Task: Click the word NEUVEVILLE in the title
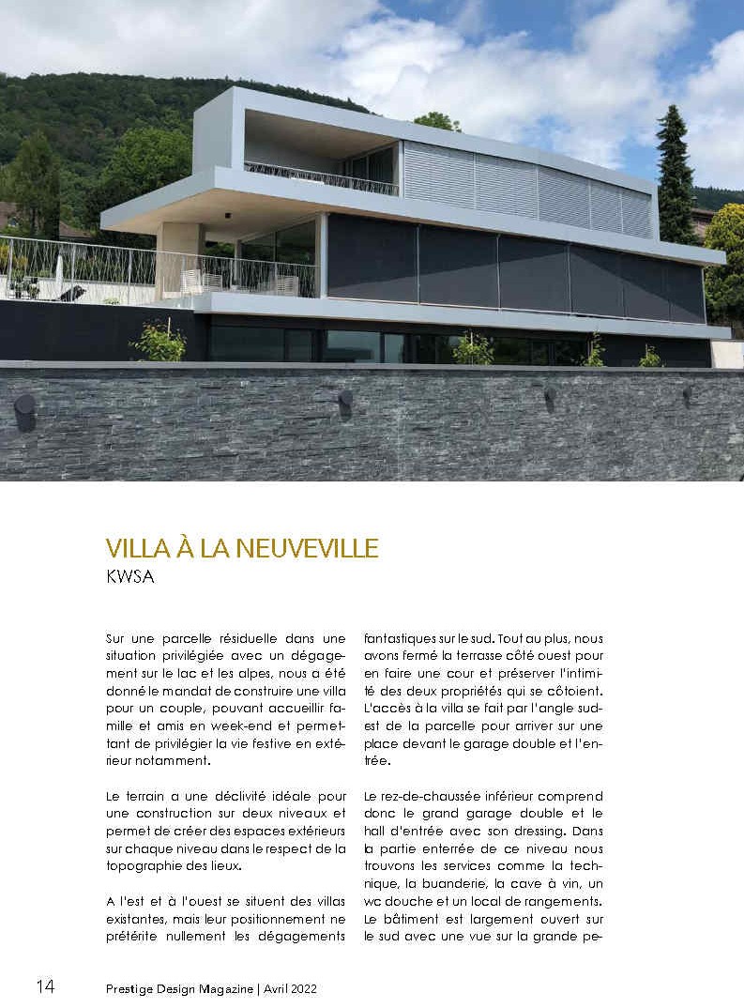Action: tap(309, 548)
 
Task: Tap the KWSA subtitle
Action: tap(130, 577)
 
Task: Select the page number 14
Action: tap(46, 986)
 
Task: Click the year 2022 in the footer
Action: tap(301, 987)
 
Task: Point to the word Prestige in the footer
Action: tap(131, 987)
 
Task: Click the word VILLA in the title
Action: tap(140, 548)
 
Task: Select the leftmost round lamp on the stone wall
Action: tap(25, 411)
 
